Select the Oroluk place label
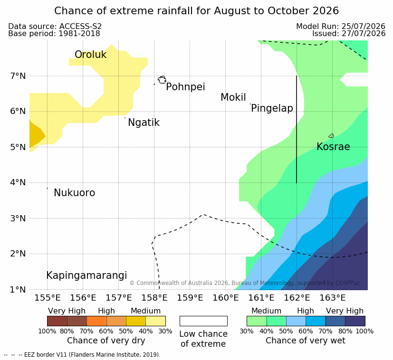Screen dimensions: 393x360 click(90, 54)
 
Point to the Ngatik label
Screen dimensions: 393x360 click(144, 123)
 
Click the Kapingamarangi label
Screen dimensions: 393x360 click(86, 275)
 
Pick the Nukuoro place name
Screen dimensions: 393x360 click(75, 193)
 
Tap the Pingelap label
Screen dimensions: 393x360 click(272, 108)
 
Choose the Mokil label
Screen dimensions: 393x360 click(233, 97)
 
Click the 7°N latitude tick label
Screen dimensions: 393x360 click(18, 76)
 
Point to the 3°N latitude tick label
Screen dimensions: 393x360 click(18, 218)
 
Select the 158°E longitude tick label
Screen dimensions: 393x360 click(154, 298)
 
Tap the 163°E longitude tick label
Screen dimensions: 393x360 click(333, 298)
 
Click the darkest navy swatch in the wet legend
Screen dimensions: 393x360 click(355, 321)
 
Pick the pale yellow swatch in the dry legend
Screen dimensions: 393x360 click(156, 321)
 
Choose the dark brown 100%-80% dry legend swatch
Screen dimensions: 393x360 click(57, 321)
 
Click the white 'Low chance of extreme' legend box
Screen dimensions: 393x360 click(203, 321)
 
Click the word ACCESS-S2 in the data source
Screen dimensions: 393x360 click(80, 26)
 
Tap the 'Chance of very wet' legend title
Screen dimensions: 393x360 click(305, 341)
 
